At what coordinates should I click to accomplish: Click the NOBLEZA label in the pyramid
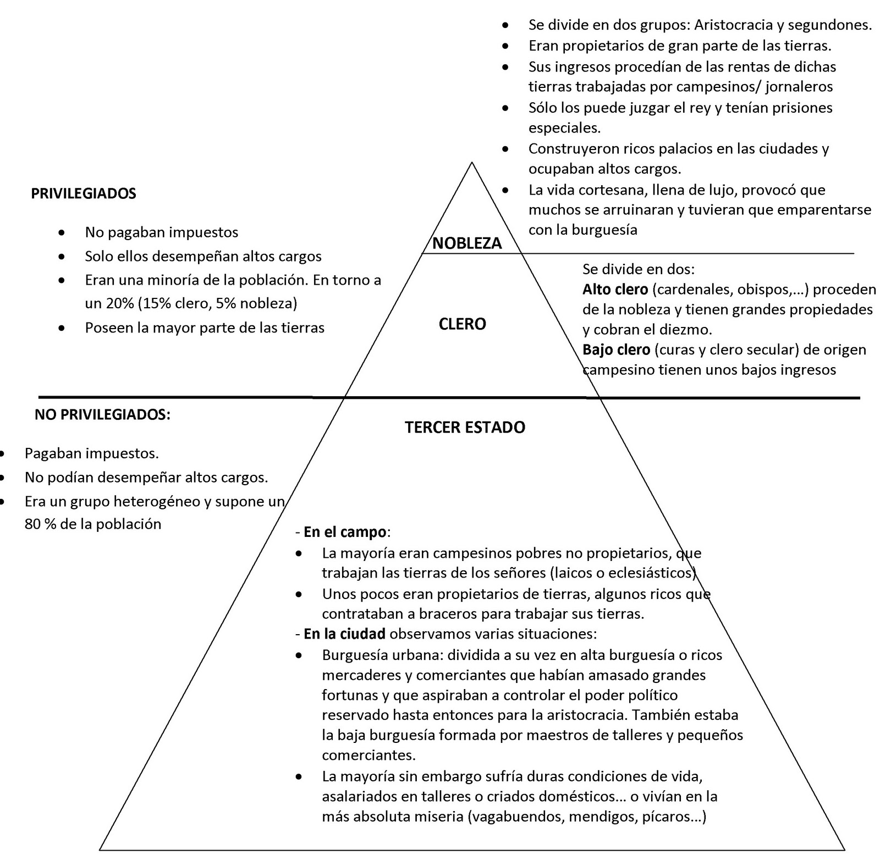click(x=467, y=243)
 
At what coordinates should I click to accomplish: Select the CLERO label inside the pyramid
click(x=462, y=324)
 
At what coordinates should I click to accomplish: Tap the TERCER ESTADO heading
click(x=465, y=427)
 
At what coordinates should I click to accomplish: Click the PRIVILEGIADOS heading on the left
click(x=84, y=193)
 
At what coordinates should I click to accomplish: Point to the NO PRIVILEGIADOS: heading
click(x=102, y=414)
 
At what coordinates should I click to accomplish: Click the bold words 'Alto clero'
click(x=616, y=289)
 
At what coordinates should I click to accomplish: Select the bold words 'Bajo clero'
click(x=616, y=349)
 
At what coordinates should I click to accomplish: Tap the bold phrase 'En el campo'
click(x=345, y=532)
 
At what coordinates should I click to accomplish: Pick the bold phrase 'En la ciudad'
click(x=344, y=634)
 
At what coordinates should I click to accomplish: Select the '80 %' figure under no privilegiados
click(x=41, y=524)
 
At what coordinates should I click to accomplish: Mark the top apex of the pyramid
click(x=471, y=162)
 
